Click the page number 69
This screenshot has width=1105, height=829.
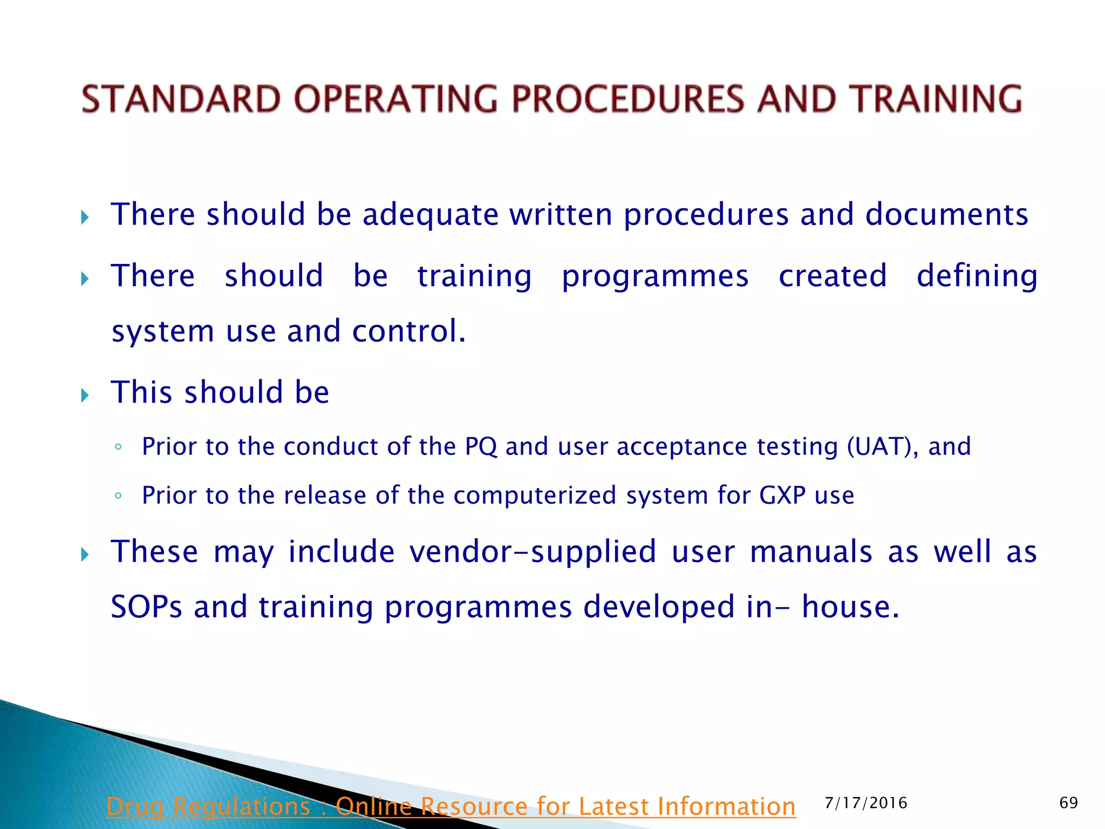1068,803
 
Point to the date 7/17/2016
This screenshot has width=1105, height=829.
866,803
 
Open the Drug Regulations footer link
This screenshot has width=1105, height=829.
451,806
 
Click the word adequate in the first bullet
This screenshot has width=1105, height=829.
430,215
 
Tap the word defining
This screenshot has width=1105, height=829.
977,276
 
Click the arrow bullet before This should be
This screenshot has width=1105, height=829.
85,395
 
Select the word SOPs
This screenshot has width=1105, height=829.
146,607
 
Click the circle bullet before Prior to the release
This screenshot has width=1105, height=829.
118,495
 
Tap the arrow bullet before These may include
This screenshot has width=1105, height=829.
85,554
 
